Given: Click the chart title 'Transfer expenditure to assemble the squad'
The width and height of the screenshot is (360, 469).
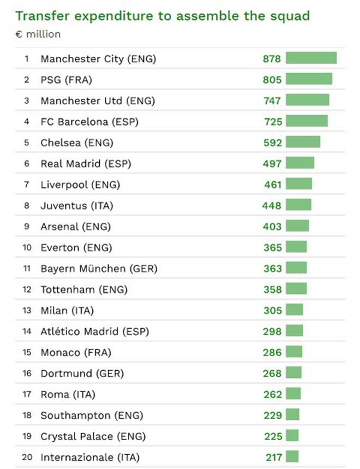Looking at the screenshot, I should click(163, 16).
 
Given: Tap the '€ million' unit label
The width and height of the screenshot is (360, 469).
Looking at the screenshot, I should click(38, 34).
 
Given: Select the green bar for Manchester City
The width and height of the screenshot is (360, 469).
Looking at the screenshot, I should click(311, 58).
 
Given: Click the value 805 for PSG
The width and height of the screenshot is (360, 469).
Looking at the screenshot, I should click(272, 80).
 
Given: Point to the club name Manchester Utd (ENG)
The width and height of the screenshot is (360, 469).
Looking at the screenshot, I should click(98, 100).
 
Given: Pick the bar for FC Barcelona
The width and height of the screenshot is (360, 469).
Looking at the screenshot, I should click(307, 121).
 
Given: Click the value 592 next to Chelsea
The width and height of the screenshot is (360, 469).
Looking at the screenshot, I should click(272, 143).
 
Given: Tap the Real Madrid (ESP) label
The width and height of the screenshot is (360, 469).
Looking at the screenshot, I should click(86, 163).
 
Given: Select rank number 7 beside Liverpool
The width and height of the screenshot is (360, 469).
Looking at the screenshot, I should click(26, 185).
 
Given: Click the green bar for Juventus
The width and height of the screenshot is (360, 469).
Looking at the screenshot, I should click(298, 205).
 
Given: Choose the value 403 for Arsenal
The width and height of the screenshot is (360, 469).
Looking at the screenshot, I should click(272, 227).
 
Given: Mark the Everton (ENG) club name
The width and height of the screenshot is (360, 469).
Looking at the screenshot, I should click(76, 247).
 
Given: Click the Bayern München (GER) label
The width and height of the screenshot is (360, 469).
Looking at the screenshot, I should click(99, 269).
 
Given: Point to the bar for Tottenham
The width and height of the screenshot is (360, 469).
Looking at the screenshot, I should click(296, 289).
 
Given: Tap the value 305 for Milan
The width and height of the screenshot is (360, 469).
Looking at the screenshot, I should click(272, 311).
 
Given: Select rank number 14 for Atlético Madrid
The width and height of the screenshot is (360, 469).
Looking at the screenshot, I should click(27, 331).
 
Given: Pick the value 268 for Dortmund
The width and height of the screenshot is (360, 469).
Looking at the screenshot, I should click(272, 373).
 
